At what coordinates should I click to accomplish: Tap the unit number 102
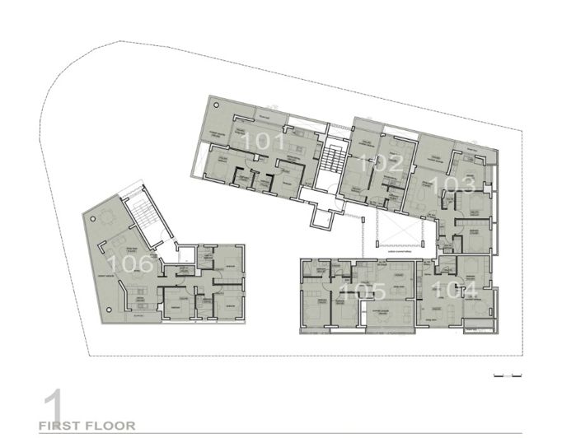pos(383,162)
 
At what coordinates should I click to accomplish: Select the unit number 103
pos(457,183)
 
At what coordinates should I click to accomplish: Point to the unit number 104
pos(458,289)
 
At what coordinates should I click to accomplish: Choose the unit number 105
pos(363,291)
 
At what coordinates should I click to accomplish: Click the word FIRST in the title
pos(65,426)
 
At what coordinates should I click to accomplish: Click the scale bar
pos(508,375)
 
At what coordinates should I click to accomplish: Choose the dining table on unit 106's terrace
pos(110,218)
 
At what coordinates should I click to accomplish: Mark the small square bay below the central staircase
pos(322,219)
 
